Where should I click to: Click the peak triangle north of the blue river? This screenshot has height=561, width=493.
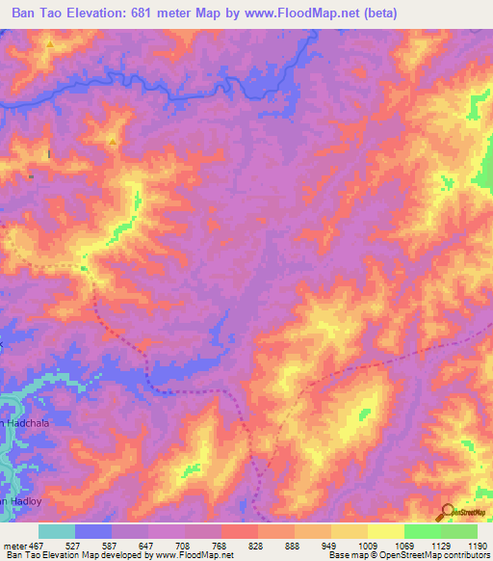[49, 43]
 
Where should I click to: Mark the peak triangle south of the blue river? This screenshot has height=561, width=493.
[113, 143]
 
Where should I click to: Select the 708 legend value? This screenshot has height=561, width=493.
[185, 545]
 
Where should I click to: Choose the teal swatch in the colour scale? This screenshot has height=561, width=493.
[57, 531]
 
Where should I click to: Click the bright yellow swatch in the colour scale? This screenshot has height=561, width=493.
[386, 531]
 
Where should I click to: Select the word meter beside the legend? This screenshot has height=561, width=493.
[16, 545]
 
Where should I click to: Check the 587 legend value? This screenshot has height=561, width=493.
[112, 545]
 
